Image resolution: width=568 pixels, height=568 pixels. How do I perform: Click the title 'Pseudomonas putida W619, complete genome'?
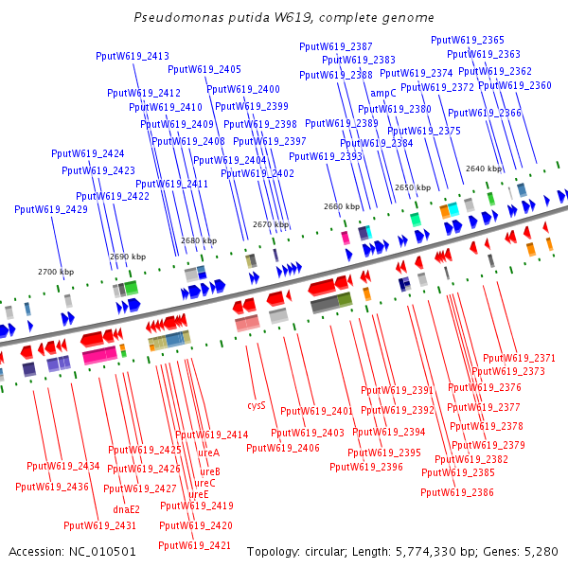pos(284,17)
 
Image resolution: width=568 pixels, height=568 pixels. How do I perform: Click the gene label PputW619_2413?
pos(133,56)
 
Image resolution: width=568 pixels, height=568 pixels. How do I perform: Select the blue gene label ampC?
pos(383,93)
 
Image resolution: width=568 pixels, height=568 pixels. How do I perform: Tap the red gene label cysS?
pos(257,405)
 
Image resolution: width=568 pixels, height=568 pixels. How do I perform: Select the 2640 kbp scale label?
pos(484,169)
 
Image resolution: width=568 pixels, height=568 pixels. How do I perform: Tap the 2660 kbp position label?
pos(342,206)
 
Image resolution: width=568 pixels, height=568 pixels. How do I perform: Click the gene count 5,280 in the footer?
pos(541,551)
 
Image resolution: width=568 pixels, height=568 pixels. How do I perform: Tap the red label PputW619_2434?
pos(63,466)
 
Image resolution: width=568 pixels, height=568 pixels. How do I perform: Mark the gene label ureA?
pos(209,453)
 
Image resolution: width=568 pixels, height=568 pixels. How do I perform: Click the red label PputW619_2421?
pos(195,545)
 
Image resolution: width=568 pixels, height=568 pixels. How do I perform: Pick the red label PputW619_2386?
pos(457,492)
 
